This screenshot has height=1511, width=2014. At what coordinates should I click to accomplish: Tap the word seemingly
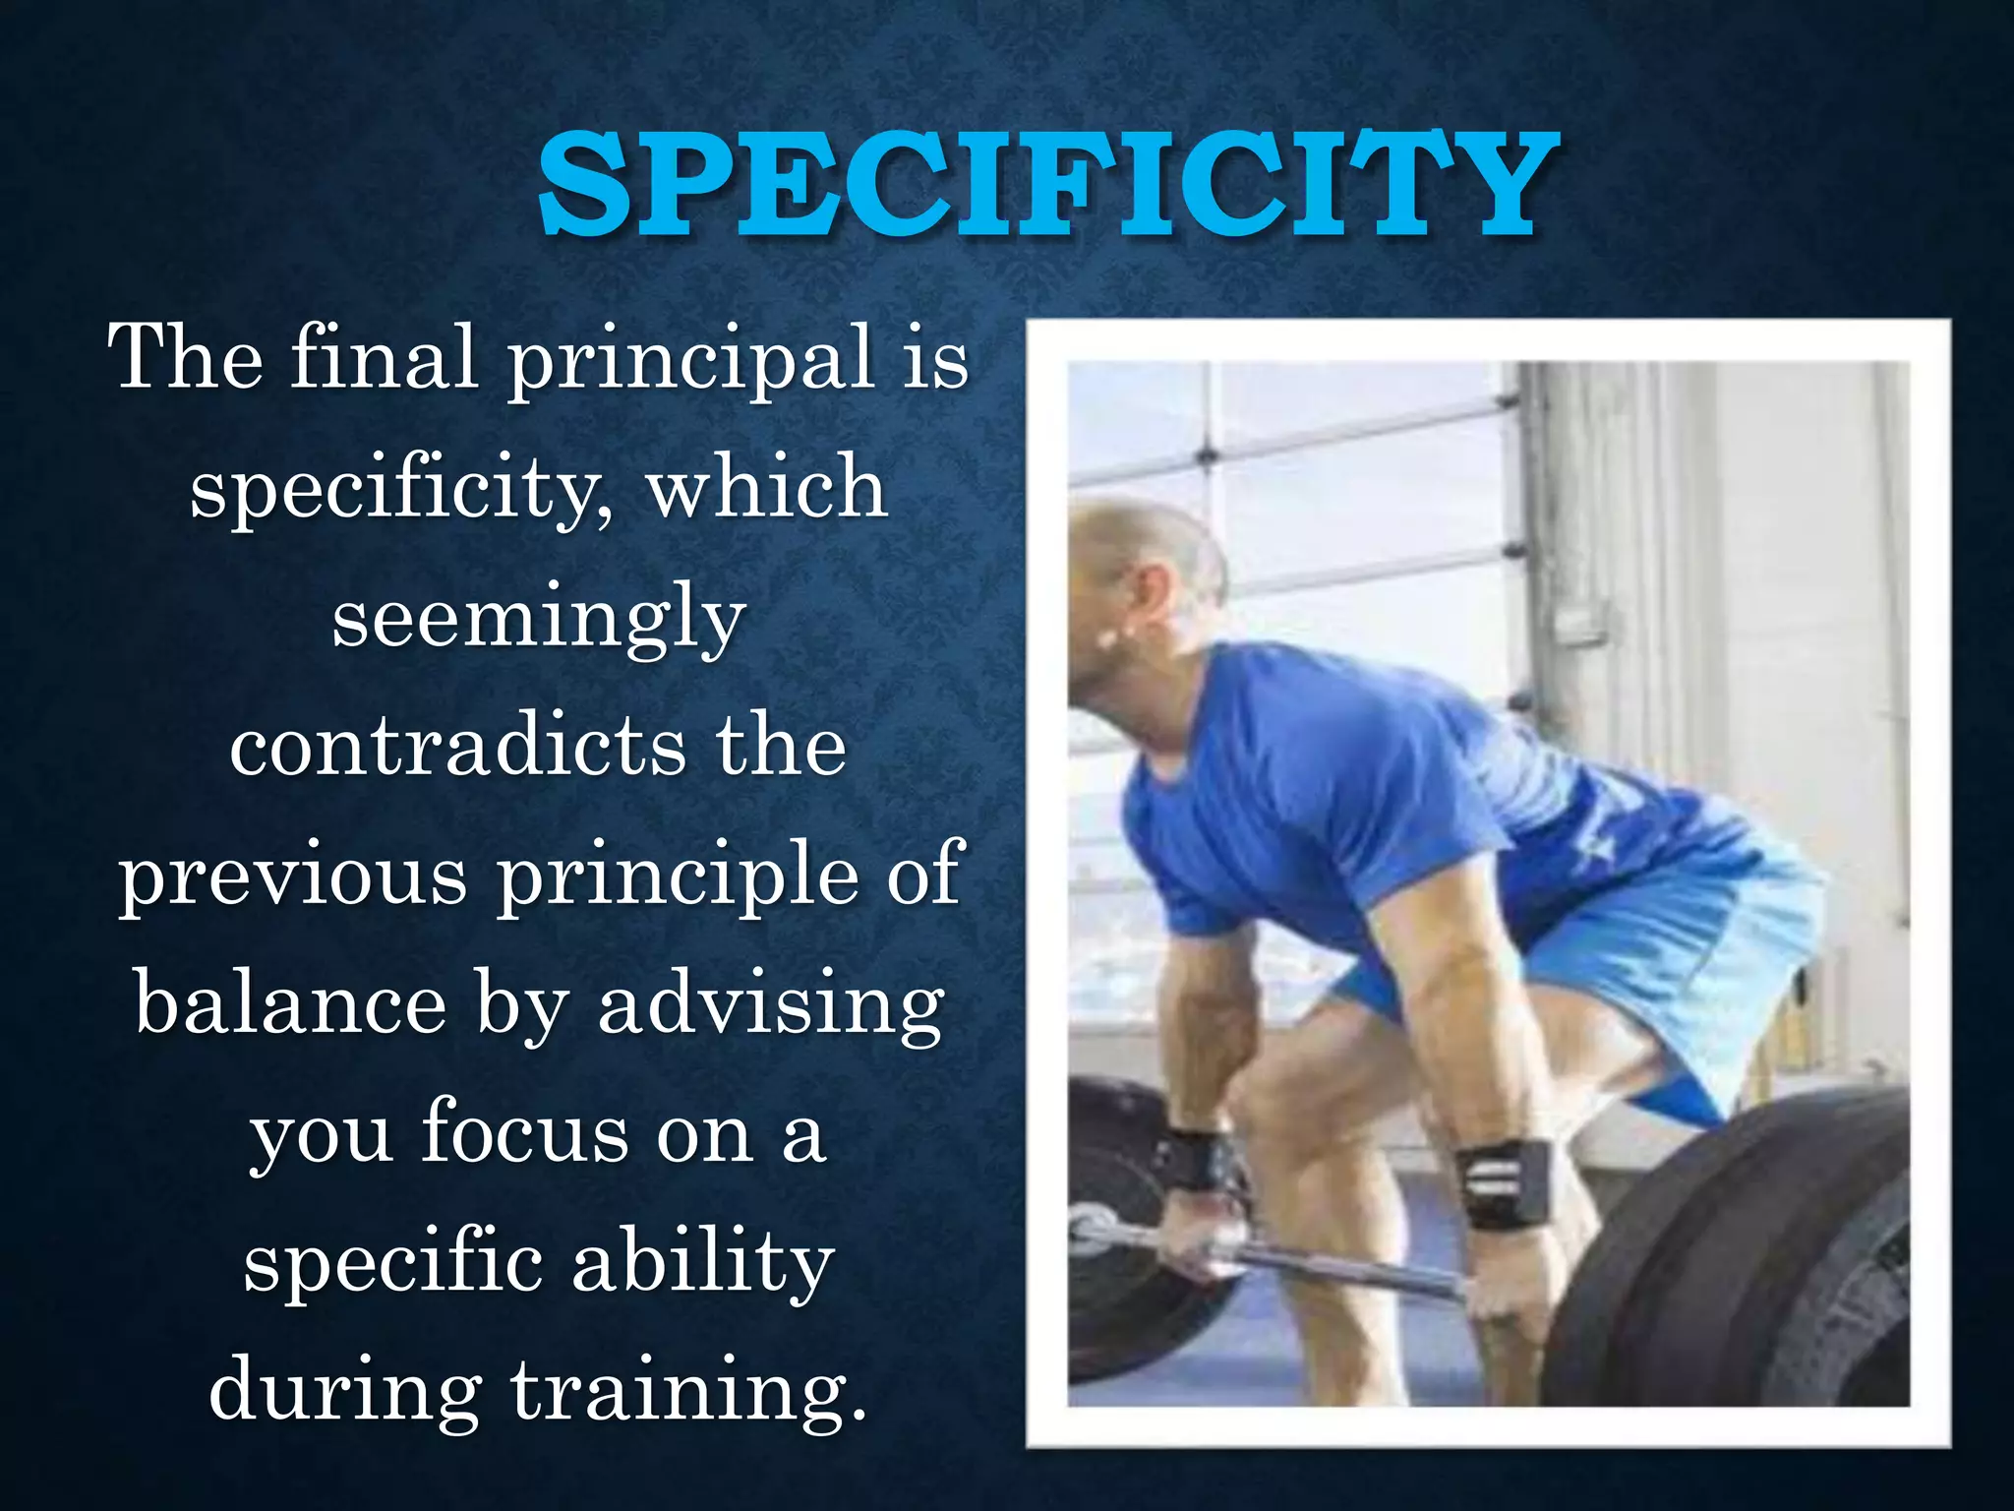[538, 621]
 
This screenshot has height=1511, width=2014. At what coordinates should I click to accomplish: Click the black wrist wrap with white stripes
[1505, 1183]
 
